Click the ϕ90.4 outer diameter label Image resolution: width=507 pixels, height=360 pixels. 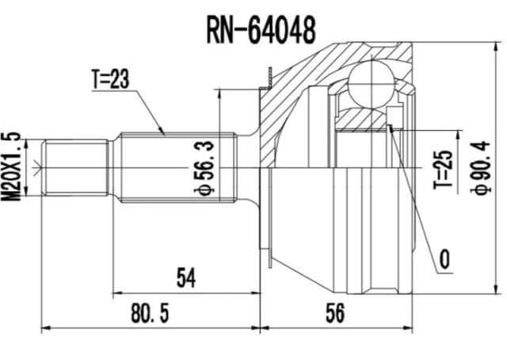[x=479, y=168]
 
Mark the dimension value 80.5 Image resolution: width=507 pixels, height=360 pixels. [x=150, y=314]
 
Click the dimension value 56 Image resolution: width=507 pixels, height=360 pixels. [x=335, y=314]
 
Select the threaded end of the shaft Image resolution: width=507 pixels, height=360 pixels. [x=76, y=168]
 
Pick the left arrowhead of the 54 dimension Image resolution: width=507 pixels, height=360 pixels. [x=117, y=291]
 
